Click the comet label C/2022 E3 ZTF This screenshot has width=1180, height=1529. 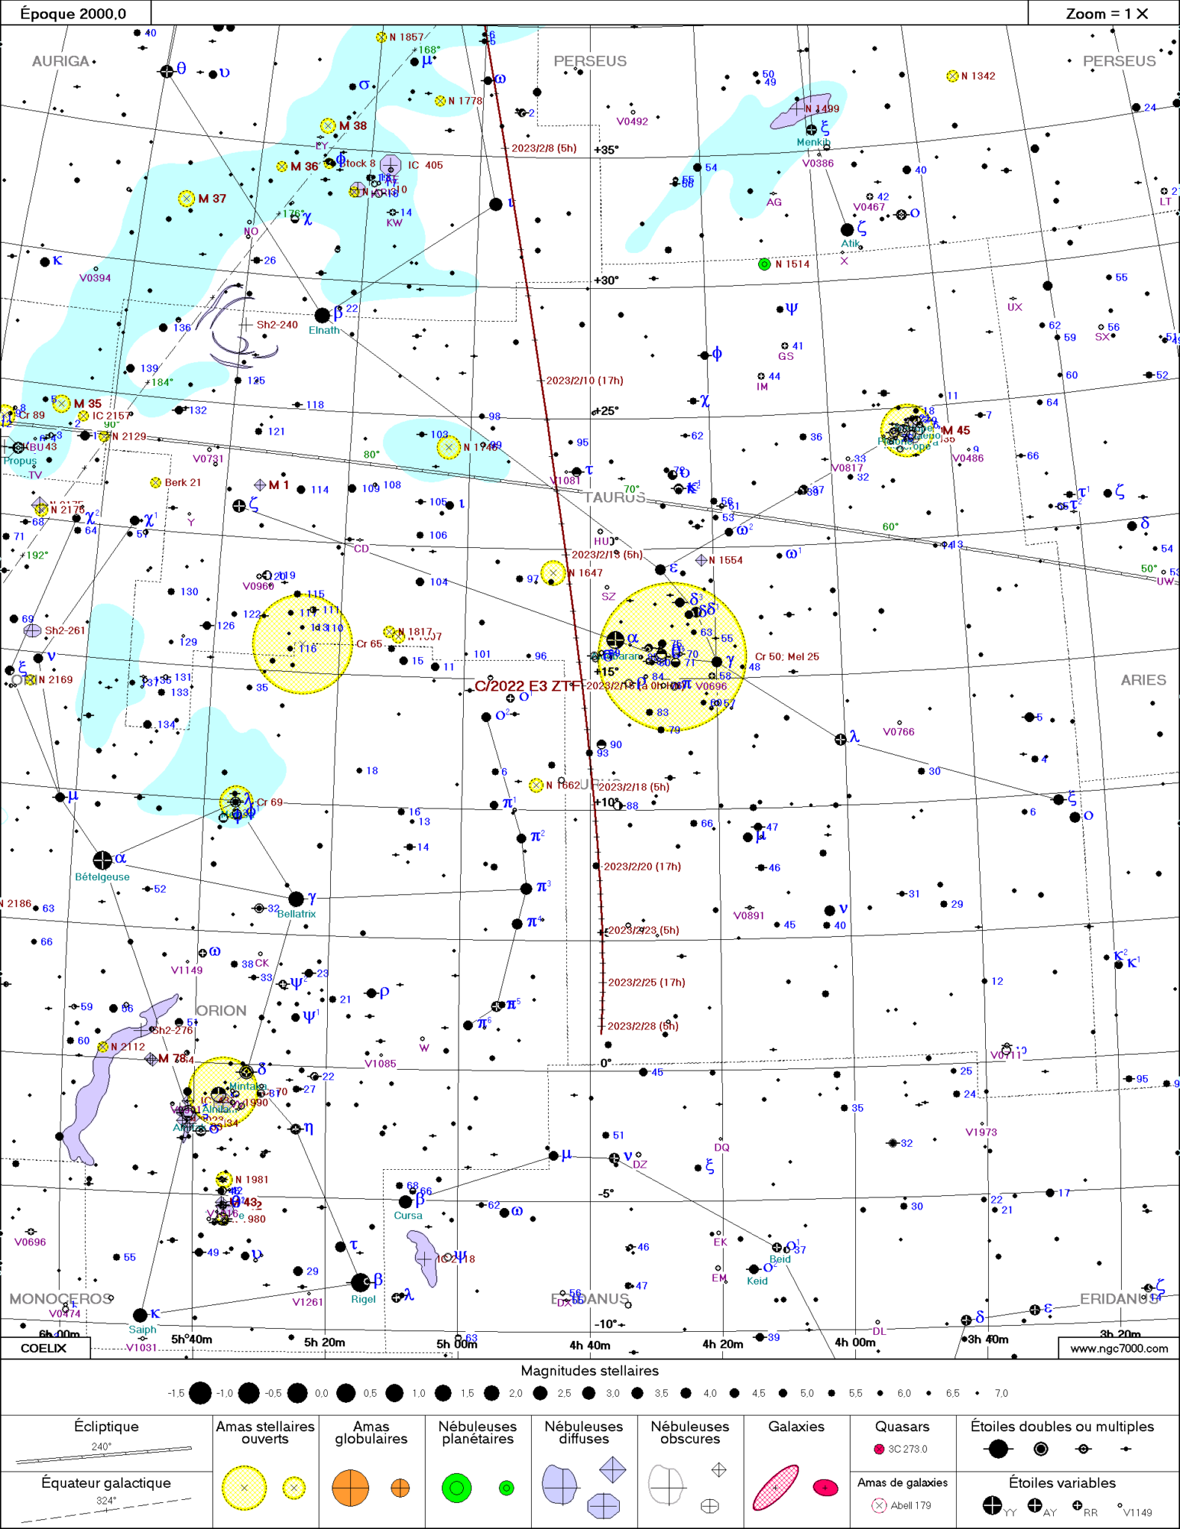(527, 686)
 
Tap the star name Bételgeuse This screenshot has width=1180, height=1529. (102, 876)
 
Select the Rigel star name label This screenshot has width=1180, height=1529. (364, 1299)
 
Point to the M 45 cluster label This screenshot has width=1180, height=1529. (956, 431)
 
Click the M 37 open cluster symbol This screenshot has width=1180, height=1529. (186, 199)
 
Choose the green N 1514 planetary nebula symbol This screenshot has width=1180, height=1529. (764, 264)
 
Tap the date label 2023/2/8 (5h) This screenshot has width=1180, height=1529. (544, 149)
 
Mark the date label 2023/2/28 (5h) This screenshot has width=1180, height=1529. (642, 1026)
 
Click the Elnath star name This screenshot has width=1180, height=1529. (324, 330)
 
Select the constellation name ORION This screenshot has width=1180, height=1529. (221, 1010)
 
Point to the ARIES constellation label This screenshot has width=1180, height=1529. (1143, 680)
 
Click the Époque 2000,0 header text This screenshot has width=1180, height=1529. (73, 13)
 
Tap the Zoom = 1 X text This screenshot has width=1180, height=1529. (1106, 13)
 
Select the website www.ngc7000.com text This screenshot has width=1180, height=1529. (1118, 1348)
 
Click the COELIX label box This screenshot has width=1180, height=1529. (44, 1348)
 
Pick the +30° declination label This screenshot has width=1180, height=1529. (606, 281)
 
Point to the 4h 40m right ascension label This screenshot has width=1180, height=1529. (589, 1345)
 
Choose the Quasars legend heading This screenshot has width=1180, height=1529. (902, 1427)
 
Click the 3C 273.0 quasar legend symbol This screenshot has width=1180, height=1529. (879, 1449)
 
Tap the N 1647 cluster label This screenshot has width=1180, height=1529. (585, 573)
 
